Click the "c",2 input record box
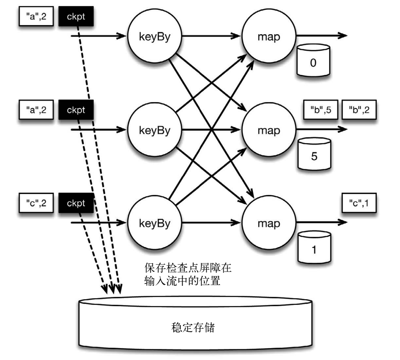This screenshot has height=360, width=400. point(36,203)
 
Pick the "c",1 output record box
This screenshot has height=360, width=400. point(358,203)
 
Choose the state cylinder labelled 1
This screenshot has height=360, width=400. point(313,246)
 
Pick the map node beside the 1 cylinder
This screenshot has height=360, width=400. point(269,224)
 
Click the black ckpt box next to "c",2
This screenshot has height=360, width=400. point(76,203)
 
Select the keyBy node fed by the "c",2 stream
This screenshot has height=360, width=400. point(154,224)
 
